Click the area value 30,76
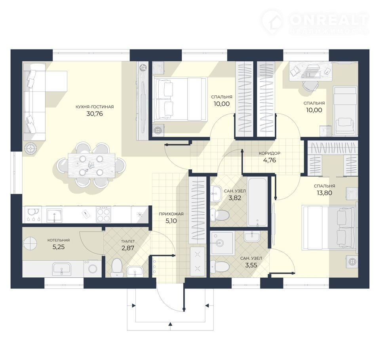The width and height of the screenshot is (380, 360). click(x=95, y=114)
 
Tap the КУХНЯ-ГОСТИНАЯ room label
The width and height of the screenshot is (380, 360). click(x=95, y=106)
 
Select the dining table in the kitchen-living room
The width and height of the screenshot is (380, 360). click(x=91, y=165)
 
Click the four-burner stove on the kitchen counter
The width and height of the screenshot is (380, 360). click(x=103, y=214)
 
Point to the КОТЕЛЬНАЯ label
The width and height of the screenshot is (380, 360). click(x=59, y=240)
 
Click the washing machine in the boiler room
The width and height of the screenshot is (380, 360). click(x=92, y=268)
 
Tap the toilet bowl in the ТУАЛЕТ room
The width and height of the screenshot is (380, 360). click(x=116, y=268)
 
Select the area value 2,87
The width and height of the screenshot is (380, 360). click(x=128, y=248)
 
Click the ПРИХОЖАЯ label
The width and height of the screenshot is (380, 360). click(x=171, y=214)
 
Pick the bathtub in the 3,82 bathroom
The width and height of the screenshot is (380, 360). click(x=257, y=202)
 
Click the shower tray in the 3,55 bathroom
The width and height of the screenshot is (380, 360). click(x=222, y=243)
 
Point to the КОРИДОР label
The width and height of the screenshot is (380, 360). click(x=270, y=153)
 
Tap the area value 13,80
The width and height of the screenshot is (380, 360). click(x=324, y=193)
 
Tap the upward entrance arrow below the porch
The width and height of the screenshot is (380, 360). click(x=170, y=324)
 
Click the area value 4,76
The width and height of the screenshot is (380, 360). click(x=270, y=160)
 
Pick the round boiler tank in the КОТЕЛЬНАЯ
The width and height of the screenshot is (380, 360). click(x=30, y=243)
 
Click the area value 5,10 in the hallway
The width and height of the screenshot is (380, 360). click(x=171, y=221)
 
